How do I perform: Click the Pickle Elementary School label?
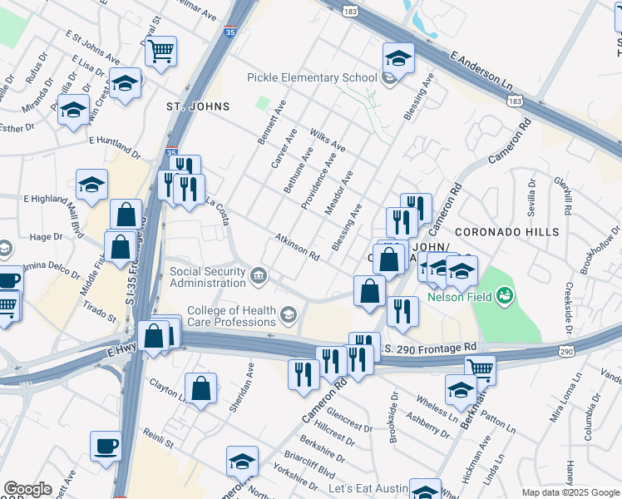pyautogui.click(x=312, y=78)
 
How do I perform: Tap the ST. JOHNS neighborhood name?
pyautogui.click(x=198, y=106)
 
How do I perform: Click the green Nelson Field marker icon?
pyautogui.click(x=505, y=295)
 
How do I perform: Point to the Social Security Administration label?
pyautogui.click(x=208, y=277)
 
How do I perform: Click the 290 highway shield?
pyautogui.click(x=566, y=353)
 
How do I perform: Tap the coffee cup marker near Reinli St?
pyautogui.click(x=106, y=445)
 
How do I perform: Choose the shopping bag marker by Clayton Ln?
pyautogui.click(x=201, y=388)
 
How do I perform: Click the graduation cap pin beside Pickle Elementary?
pyautogui.click(x=398, y=57)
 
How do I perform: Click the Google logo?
pyautogui.click(x=27, y=489)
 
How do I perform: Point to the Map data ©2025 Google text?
pyautogui.click(x=570, y=492)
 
